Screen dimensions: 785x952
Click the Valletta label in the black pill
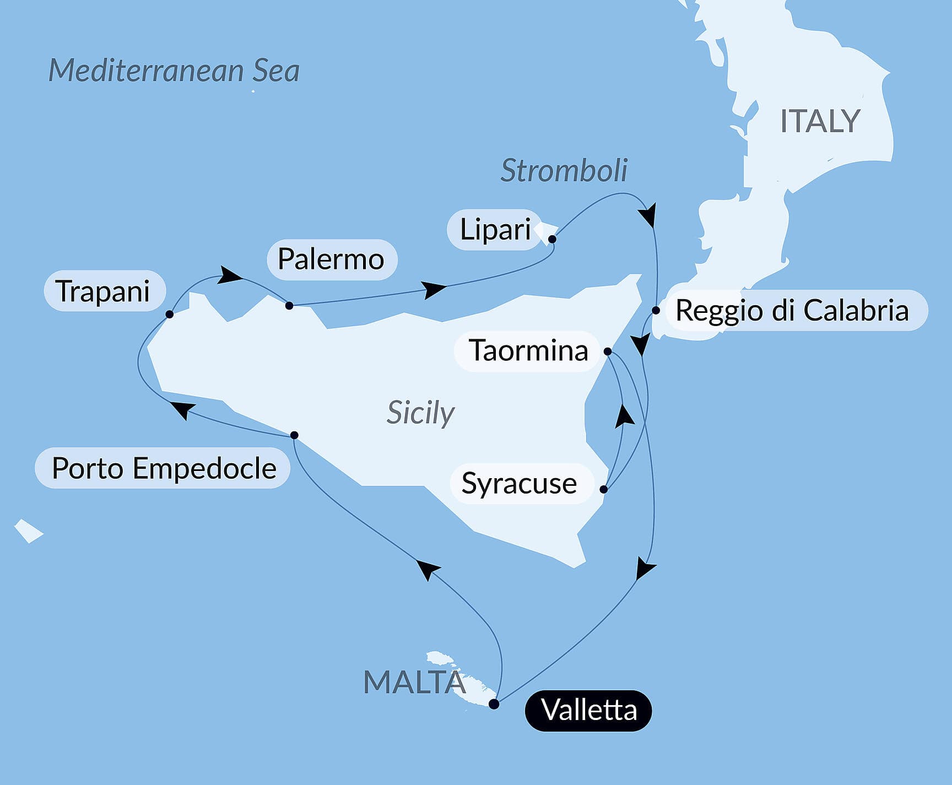588,710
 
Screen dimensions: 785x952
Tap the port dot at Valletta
494,704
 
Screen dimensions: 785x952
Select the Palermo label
331,259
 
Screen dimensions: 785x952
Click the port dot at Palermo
289,305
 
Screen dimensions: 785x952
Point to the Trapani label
104,291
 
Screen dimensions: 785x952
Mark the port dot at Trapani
170,314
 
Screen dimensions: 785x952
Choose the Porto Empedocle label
164,468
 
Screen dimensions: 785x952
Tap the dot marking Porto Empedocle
294,435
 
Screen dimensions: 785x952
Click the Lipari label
495,229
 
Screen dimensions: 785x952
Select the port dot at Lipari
552,239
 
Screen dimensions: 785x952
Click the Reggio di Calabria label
792,310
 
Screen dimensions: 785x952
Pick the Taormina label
528,350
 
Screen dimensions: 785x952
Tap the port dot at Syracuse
604,489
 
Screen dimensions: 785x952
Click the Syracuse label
519,483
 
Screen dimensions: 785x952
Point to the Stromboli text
564,170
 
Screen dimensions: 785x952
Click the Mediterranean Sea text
174,71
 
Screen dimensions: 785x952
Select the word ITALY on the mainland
820,121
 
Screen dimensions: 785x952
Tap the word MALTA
414,682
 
